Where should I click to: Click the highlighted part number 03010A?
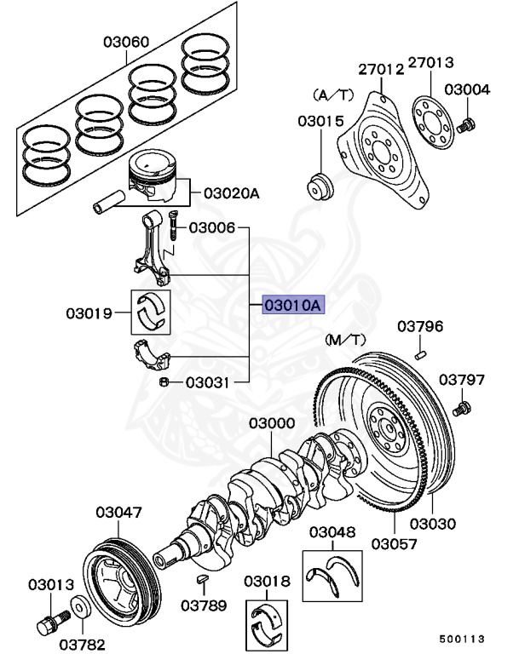[293, 304]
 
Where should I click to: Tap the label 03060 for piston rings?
[126, 41]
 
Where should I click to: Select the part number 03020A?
[231, 193]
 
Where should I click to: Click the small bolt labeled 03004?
[466, 126]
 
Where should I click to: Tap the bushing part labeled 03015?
[321, 186]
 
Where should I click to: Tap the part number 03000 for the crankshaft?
[272, 423]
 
